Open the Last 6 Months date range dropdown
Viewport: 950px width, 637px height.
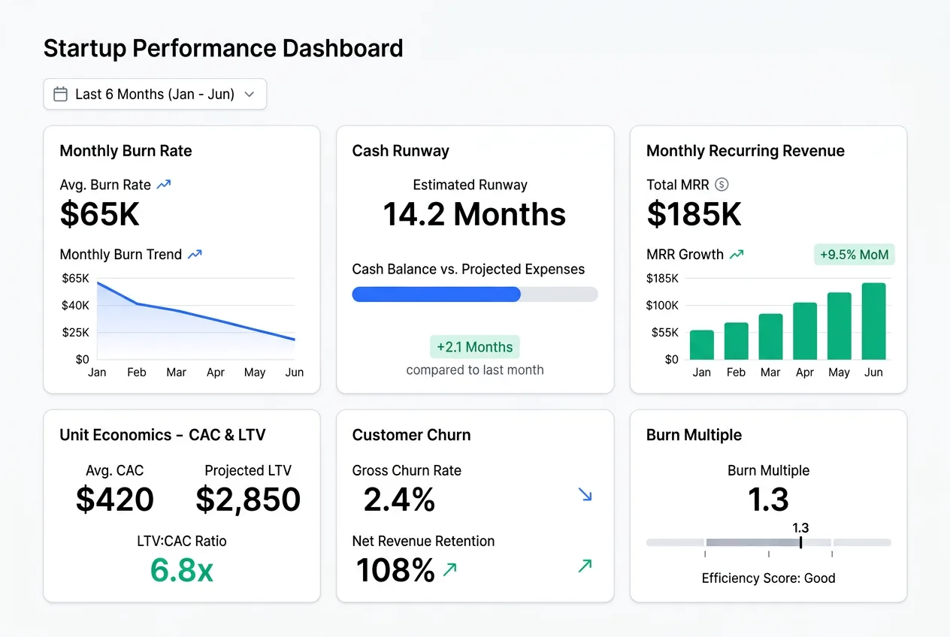(x=155, y=95)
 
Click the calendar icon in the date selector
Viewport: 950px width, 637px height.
(x=61, y=95)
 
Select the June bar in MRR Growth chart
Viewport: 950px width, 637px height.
(x=873, y=322)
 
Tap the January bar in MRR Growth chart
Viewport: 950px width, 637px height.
(x=701, y=345)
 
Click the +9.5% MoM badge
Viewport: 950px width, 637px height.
(x=854, y=255)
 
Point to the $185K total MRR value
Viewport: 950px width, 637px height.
(x=694, y=214)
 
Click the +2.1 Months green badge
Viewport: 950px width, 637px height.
(x=474, y=347)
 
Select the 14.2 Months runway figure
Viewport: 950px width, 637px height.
(x=474, y=214)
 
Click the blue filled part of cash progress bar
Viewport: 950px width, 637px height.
(x=436, y=294)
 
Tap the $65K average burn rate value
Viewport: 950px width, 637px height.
(x=100, y=214)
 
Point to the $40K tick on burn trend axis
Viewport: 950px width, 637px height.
(x=75, y=305)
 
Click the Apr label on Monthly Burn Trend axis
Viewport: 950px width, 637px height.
(x=216, y=373)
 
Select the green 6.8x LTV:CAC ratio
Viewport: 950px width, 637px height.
(x=181, y=571)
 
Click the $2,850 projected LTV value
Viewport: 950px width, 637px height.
(x=248, y=500)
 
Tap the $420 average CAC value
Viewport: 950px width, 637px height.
(x=115, y=500)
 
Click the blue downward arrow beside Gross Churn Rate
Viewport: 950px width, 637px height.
(x=585, y=494)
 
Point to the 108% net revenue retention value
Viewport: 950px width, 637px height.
(x=395, y=571)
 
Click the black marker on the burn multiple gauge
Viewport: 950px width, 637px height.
(x=801, y=542)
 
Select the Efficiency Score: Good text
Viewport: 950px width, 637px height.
(x=768, y=578)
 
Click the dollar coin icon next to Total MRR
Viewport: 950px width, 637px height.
(x=722, y=185)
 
